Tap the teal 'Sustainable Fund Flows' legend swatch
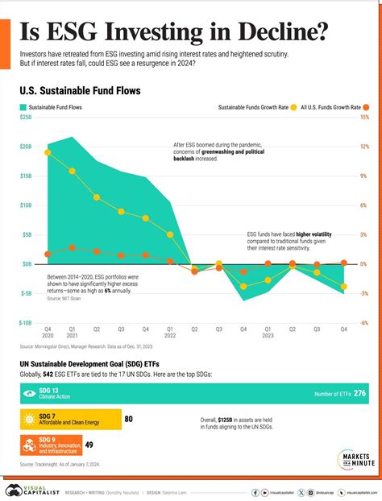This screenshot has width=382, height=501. pos(24,106)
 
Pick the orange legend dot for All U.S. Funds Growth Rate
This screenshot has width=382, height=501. pos(366,106)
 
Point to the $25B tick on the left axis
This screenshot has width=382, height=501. pos(26,118)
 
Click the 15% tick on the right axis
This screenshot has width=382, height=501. pos(364,118)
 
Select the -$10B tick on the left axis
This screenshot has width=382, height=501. pos(25,323)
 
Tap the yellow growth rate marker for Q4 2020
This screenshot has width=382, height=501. pos(48,152)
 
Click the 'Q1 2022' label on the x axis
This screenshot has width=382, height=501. pos(170,333)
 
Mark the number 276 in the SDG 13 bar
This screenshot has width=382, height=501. pos(359,393)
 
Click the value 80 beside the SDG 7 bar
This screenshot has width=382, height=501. pos(128,419)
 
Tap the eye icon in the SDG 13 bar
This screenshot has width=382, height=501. pos(29,393)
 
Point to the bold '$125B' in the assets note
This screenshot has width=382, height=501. pos(226,420)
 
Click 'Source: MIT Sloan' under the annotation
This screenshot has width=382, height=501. pos(64,299)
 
